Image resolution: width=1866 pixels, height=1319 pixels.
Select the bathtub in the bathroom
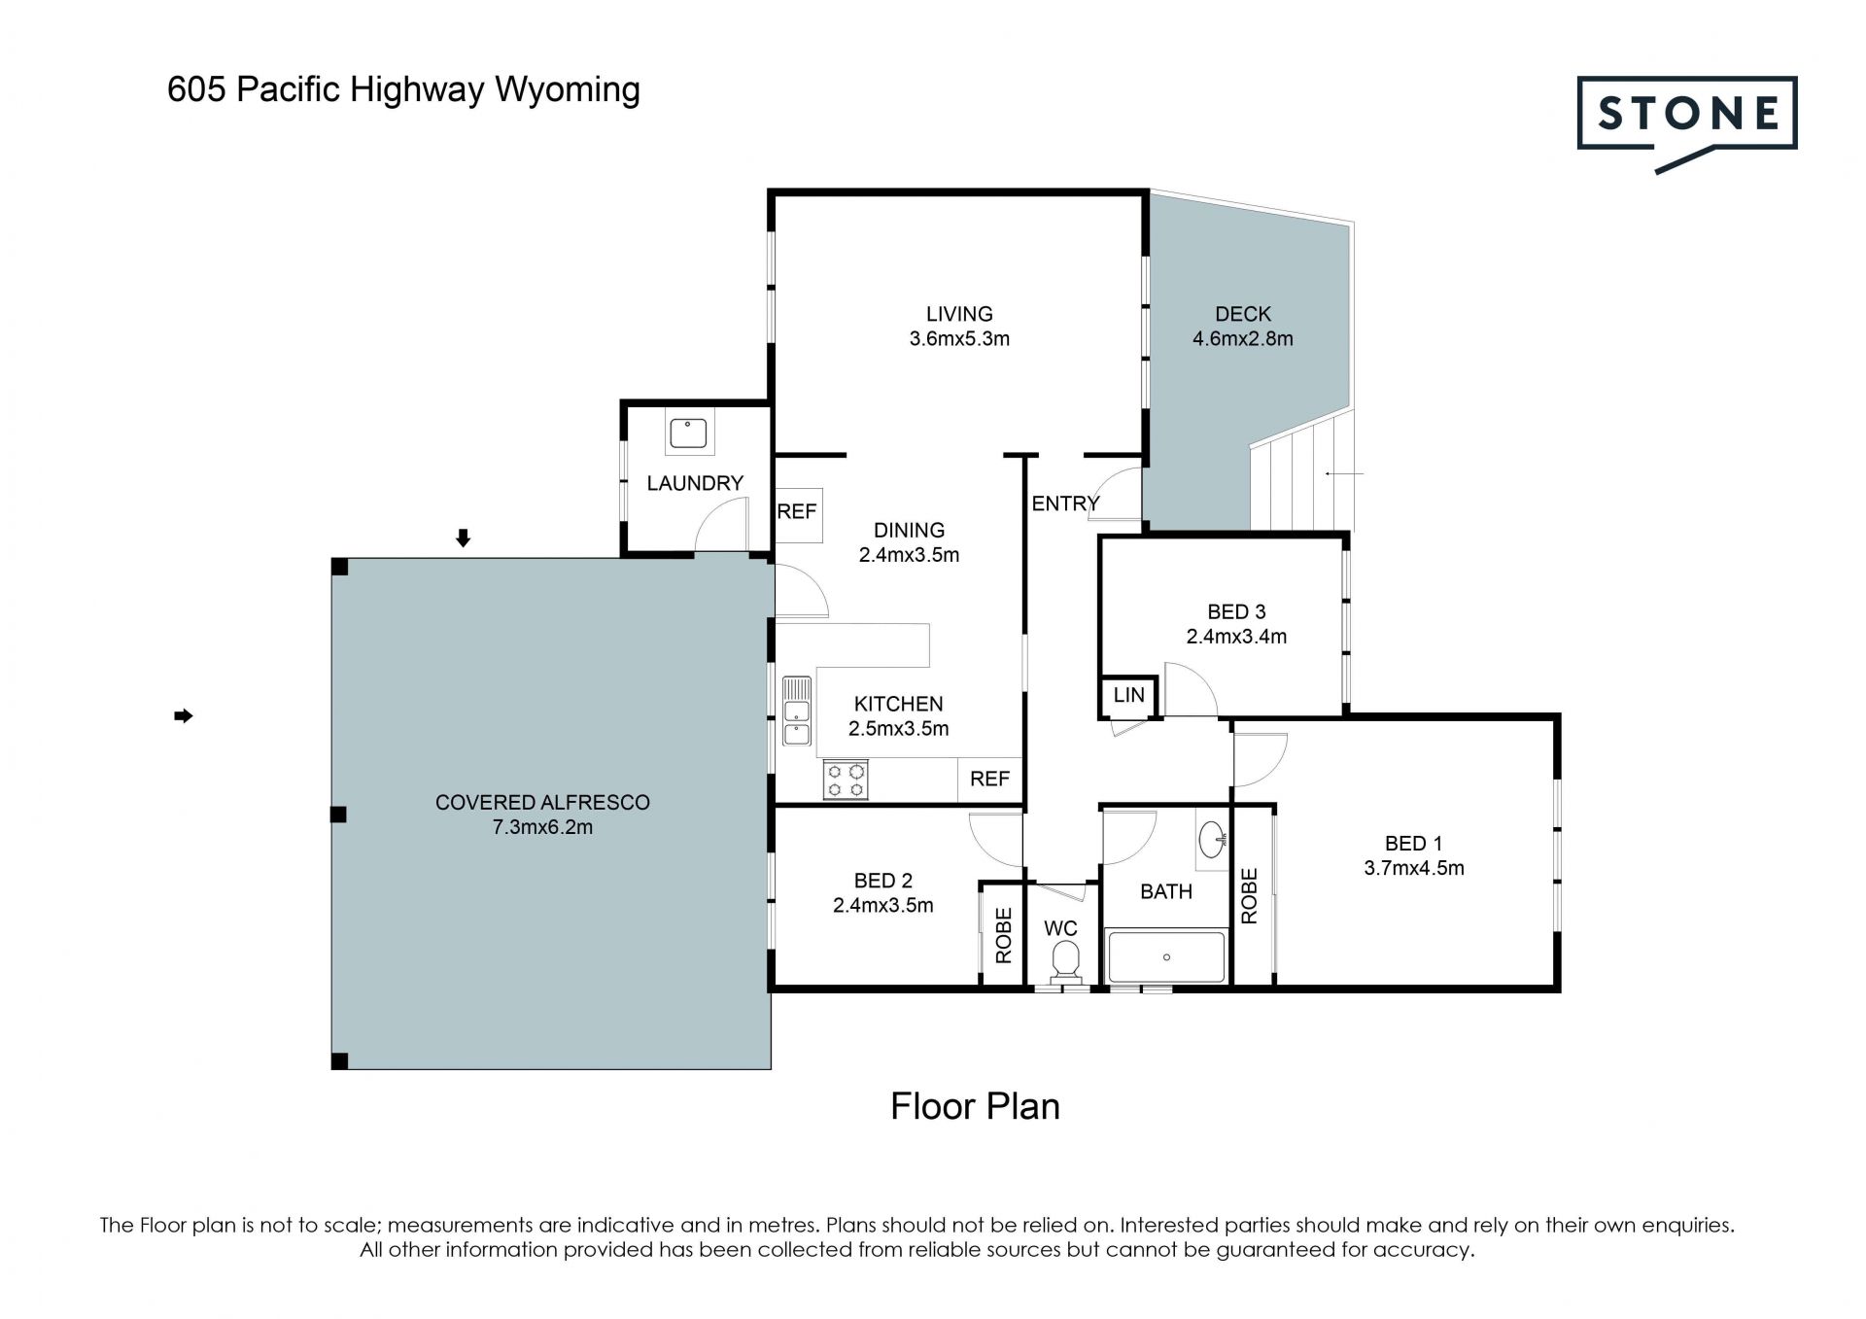point(1166,957)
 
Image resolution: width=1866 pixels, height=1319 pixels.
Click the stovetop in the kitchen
point(846,780)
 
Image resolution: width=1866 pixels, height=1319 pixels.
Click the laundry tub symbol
point(689,432)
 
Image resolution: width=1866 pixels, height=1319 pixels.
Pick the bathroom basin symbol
point(1212,840)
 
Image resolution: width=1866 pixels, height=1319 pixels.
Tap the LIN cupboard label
point(1128,695)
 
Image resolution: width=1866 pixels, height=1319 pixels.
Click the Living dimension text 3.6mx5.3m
point(959,339)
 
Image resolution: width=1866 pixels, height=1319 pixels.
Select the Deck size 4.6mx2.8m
point(1243,339)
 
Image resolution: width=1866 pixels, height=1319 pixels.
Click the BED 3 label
point(1236,612)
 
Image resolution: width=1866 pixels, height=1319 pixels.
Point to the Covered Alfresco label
point(542,803)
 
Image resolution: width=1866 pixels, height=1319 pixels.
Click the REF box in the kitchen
point(989,780)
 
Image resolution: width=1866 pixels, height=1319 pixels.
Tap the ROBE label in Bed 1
point(1250,896)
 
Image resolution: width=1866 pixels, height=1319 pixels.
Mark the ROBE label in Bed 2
point(1004,935)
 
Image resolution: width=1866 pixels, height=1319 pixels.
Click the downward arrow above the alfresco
point(464,538)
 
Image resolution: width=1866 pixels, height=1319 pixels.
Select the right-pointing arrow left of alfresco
point(184,716)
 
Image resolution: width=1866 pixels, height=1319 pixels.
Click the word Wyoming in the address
point(568,90)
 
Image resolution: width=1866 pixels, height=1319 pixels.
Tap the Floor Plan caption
point(975,1106)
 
